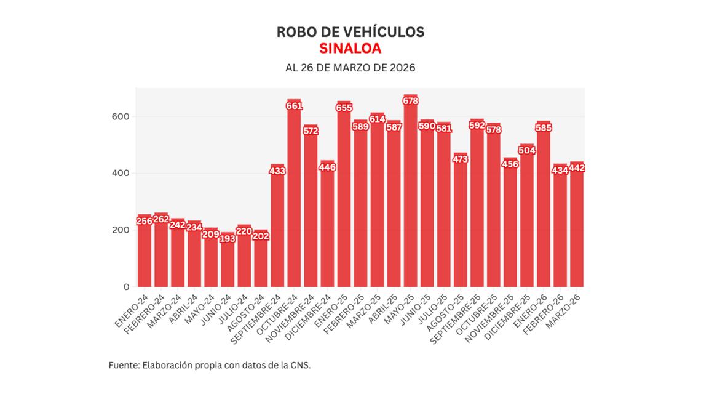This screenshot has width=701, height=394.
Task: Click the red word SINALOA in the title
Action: click(350, 49)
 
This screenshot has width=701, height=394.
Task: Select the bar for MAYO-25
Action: click(411, 197)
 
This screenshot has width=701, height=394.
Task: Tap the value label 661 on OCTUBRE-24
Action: click(294, 106)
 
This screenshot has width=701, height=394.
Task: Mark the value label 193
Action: click(228, 238)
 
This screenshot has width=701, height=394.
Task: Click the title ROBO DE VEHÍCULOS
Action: click(350, 32)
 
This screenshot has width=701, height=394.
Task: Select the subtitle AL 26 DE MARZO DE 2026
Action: click(350, 68)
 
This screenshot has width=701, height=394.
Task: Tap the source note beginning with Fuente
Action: click(210, 365)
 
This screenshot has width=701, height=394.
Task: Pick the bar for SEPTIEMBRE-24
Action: click(277, 228)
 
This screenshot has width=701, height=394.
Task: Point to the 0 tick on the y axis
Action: click(127, 287)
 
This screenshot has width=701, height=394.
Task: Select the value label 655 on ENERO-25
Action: click(344, 107)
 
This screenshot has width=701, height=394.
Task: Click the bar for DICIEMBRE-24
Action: click(328, 228)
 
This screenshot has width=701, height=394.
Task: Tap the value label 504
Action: click(527, 150)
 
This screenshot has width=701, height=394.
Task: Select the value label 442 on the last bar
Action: click(577, 168)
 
